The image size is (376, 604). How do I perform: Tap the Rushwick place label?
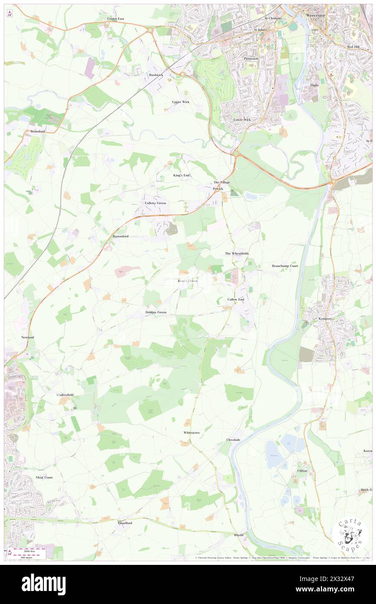click(x=155, y=75)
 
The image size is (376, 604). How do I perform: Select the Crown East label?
click(x=116, y=19)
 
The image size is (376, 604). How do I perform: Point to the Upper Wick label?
click(x=181, y=102)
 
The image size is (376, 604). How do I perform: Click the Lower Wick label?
click(x=242, y=119)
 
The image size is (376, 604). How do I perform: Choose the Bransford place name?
click(x=38, y=131)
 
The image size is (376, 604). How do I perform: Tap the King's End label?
click(x=181, y=175)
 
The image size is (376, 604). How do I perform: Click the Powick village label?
click(x=218, y=189)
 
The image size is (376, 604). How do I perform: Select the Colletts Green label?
click(x=155, y=203)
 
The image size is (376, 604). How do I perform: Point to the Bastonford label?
click(x=121, y=236)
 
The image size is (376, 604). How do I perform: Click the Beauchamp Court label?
click(x=285, y=265)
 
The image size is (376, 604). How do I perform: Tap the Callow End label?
click(x=236, y=300)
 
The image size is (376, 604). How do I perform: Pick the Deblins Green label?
click(x=156, y=312)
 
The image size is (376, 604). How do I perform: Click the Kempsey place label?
click(x=320, y=319)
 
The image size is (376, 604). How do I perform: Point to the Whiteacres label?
click(x=191, y=433)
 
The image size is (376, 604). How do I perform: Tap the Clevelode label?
click(x=233, y=440)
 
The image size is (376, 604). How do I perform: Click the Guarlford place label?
click(x=125, y=523)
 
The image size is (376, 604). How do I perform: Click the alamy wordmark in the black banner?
click(x=43, y=584)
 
